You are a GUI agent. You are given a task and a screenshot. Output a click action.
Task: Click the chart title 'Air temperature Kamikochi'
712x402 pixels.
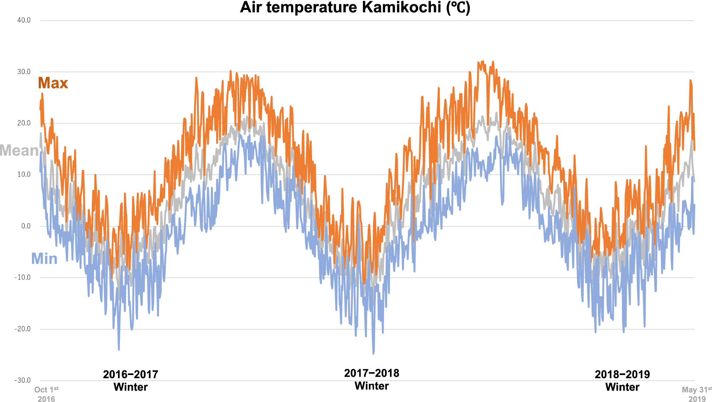tap(355, 7)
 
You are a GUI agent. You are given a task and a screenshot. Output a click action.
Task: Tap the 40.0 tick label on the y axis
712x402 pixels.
tap(24, 20)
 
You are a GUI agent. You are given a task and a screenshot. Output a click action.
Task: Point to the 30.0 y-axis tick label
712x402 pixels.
tap(24, 72)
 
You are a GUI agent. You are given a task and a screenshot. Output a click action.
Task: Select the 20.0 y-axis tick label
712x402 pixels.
tap(24, 123)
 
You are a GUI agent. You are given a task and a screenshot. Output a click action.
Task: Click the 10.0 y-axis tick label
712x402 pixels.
tap(24, 174)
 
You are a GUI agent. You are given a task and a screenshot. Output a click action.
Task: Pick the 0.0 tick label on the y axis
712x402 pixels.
tap(26, 226)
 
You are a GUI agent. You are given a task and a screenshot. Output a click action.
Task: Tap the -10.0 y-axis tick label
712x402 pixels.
tap(23, 277)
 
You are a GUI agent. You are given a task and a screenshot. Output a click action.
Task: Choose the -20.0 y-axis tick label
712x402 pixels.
tap(23, 329)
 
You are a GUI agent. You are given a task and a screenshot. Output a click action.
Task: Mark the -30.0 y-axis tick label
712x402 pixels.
tap(23, 380)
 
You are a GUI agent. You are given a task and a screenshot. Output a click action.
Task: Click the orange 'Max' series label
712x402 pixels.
tap(53, 83)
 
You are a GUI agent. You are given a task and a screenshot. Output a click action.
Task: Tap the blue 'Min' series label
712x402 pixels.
tap(44, 259)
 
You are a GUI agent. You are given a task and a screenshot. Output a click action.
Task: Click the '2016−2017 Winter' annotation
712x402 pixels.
tap(131, 380)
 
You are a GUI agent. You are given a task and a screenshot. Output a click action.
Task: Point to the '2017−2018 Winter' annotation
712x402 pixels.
tap(372, 379)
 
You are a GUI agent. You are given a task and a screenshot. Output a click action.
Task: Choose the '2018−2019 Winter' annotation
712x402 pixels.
tap(622, 380)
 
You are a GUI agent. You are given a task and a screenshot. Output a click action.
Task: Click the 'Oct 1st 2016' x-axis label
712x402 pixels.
tap(46, 394)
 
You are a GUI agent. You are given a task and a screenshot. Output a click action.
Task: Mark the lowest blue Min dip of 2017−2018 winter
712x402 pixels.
tap(373, 353)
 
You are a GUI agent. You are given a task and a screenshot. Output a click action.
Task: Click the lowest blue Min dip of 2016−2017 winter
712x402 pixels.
tap(119, 349)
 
